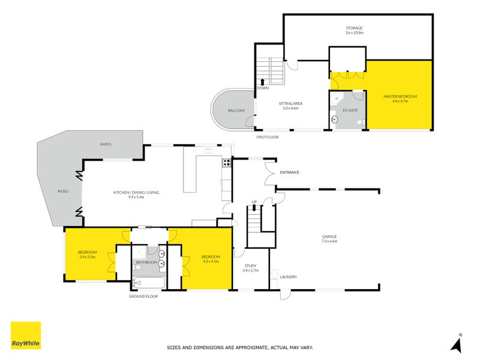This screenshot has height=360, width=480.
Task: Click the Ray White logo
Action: pyautogui.click(x=26, y=335)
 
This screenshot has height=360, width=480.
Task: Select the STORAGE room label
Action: pyautogui.click(x=354, y=28)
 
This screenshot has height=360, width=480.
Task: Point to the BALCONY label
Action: pyautogui.click(x=236, y=111)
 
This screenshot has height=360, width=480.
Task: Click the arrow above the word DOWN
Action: pyautogui.click(x=262, y=81)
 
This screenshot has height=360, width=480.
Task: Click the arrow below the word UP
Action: pyautogui.click(x=254, y=208)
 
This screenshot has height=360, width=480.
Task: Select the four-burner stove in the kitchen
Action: pyautogui.click(x=227, y=162)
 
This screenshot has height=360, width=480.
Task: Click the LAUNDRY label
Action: pyautogui.click(x=289, y=277)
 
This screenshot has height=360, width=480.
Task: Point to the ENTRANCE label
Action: pyautogui.click(x=289, y=172)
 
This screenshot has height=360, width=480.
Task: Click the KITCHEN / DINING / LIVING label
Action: pyautogui.click(x=136, y=192)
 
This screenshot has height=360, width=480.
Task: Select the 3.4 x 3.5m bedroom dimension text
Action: pyautogui.click(x=88, y=257)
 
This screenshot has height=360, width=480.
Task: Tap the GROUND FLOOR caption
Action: pyautogui.click(x=143, y=296)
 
